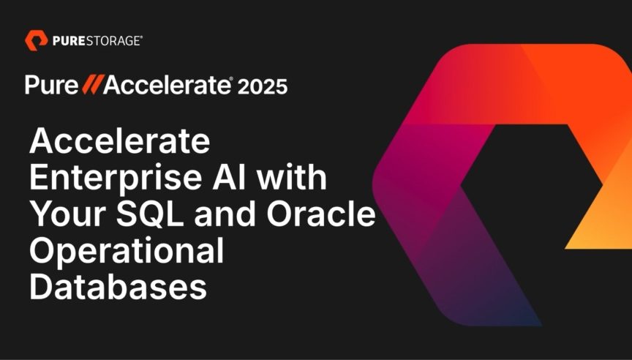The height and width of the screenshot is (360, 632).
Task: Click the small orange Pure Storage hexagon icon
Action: click(37, 40)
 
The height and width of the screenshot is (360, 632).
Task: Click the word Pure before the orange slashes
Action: click(51, 85)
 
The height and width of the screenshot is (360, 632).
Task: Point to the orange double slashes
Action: click(92, 85)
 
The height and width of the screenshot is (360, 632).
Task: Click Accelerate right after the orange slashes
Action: click(167, 85)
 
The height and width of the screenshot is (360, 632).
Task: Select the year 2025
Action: click(263, 86)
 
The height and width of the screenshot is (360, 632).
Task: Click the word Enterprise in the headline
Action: click(115, 178)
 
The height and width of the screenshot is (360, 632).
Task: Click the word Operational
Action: click(127, 252)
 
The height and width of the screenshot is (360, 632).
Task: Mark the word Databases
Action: click(118, 287)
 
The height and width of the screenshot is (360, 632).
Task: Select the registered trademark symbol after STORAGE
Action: click(140, 37)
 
